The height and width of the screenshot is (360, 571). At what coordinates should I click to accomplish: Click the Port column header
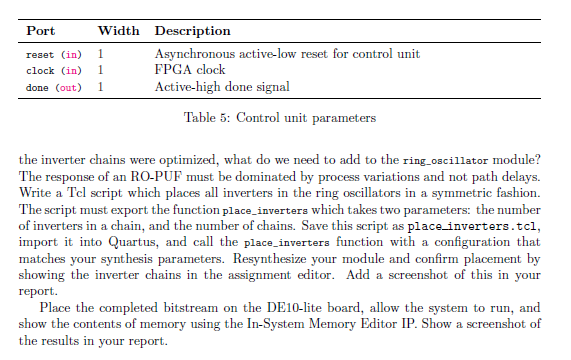(x=40, y=31)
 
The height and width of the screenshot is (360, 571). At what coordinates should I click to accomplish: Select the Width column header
(x=118, y=31)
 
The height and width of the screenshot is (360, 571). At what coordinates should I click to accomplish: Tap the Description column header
(x=193, y=31)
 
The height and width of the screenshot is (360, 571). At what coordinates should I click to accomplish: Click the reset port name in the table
(x=40, y=55)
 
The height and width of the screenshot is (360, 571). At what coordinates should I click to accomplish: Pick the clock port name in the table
(x=40, y=71)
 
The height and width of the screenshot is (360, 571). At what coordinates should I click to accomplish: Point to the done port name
(x=37, y=88)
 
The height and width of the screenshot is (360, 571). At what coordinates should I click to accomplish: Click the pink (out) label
(x=68, y=88)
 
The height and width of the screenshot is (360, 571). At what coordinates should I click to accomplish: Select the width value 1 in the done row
(x=101, y=87)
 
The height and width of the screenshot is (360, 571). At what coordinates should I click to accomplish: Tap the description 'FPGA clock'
(x=190, y=70)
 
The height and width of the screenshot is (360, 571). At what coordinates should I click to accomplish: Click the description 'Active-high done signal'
(x=222, y=87)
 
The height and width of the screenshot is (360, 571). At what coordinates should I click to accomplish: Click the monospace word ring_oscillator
(x=445, y=161)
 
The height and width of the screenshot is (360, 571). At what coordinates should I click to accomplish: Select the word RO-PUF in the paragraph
(x=156, y=177)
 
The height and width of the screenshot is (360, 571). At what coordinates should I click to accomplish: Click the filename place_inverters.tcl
(x=472, y=226)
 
